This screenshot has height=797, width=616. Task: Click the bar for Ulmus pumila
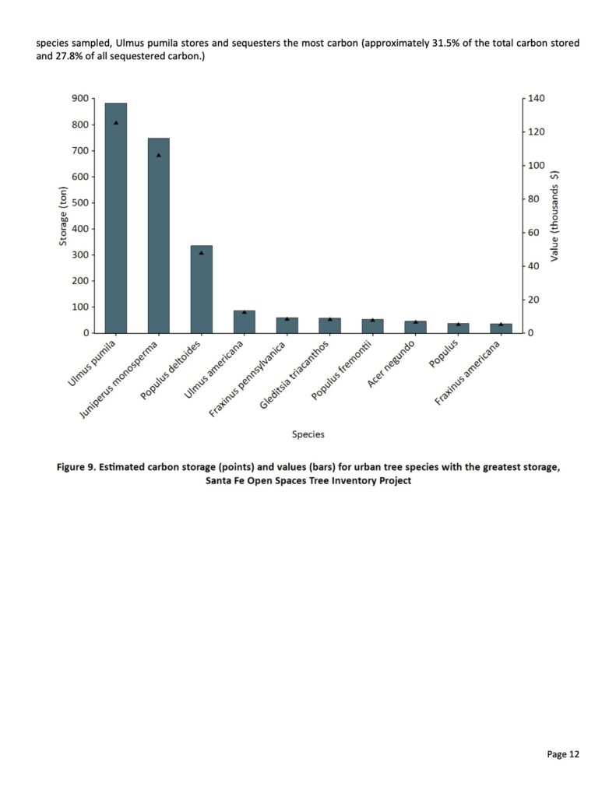pyautogui.click(x=116, y=218)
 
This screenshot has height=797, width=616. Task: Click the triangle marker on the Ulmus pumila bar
pyautogui.click(x=116, y=123)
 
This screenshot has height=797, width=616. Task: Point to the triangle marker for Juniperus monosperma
pyautogui.click(x=159, y=155)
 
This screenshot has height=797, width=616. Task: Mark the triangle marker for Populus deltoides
pyautogui.click(x=201, y=253)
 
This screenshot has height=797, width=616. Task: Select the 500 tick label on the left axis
pyautogui.click(x=78, y=203)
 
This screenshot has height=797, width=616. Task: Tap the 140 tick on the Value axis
pyautogui.click(x=537, y=99)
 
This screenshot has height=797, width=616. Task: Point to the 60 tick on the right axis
pyautogui.click(x=534, y=233)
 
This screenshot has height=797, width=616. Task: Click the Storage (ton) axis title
pyautogui.click(x=64, y=216)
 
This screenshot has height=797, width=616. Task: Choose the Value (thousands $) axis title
pyautogui.click(x=554, y=216)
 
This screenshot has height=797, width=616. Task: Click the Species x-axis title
pyautogui.click(x=308, y=434)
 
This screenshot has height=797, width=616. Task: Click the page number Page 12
pyautogui.click(x=563, y=753)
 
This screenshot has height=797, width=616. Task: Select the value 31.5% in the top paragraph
pyautogui.click(x=459, y=43)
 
